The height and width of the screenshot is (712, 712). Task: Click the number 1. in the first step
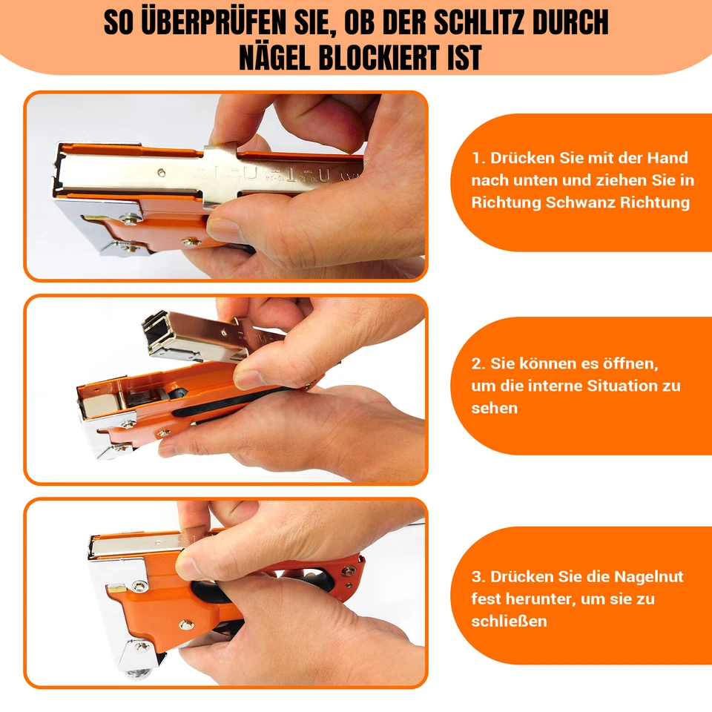pyautogui.click(x=478, y=158)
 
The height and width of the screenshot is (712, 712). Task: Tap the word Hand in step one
pyautogui.click(x=668, y=158)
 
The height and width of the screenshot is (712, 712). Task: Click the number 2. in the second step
pyautogui.click(x=479, y=364)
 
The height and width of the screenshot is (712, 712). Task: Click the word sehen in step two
pyautogui.click(x=495, y=408)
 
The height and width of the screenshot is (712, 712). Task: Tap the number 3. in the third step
pyautogui.click(x=479, y=576)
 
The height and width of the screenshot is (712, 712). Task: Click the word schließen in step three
pyautogui.click(x=509, y=621)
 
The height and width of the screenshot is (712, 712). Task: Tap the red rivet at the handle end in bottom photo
pyautogui.click(x=346, y=572)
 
